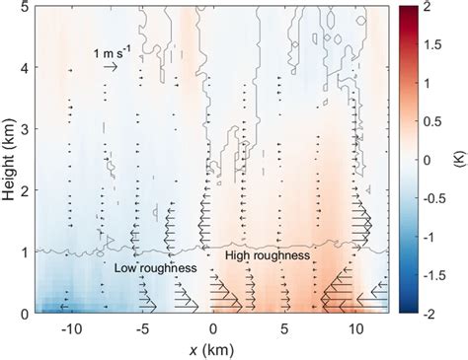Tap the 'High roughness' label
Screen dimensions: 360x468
pyautogui.click(x=269, y=255)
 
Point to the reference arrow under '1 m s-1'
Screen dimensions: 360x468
pyautogui.click(x=111, y=66)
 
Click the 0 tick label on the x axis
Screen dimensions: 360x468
pyautogui.click(x=212, y=326)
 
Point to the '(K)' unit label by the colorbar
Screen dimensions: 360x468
pyautogui.click(x=453, y=160)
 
